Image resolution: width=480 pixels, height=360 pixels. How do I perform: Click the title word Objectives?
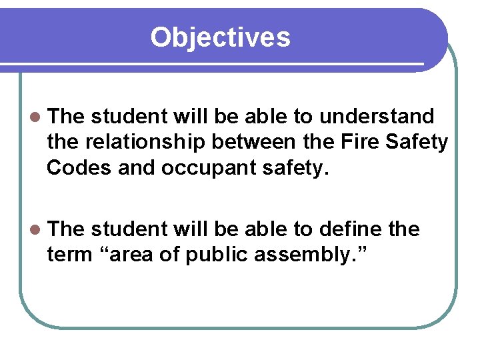click(x=220, y=37)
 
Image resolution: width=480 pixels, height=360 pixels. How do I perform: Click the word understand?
click(x=377, y=117)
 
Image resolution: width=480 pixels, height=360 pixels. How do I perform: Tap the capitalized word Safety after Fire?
click(x=418, y=142)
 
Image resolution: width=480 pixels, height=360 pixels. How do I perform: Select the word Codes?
click(x=79, y=167)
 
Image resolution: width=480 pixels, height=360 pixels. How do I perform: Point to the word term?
click(x=68, y=255)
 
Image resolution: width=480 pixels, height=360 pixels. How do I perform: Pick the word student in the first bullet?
click(x=129, y=117)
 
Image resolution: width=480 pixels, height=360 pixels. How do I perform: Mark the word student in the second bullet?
click(x=129, y=229)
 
